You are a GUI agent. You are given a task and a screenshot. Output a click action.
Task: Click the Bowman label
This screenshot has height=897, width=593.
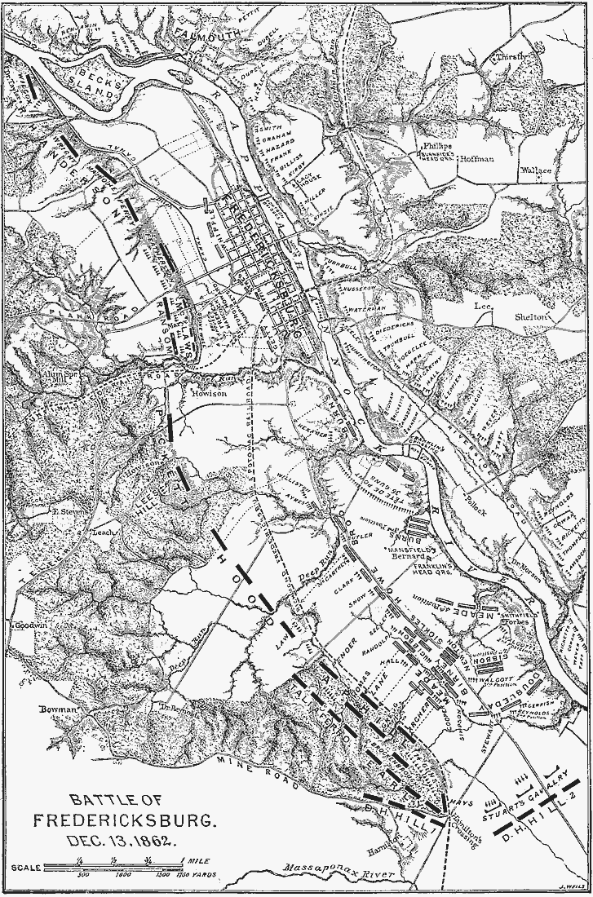coord(57,709)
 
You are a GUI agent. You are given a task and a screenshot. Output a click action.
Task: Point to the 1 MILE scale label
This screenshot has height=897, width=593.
coord(200,860)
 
